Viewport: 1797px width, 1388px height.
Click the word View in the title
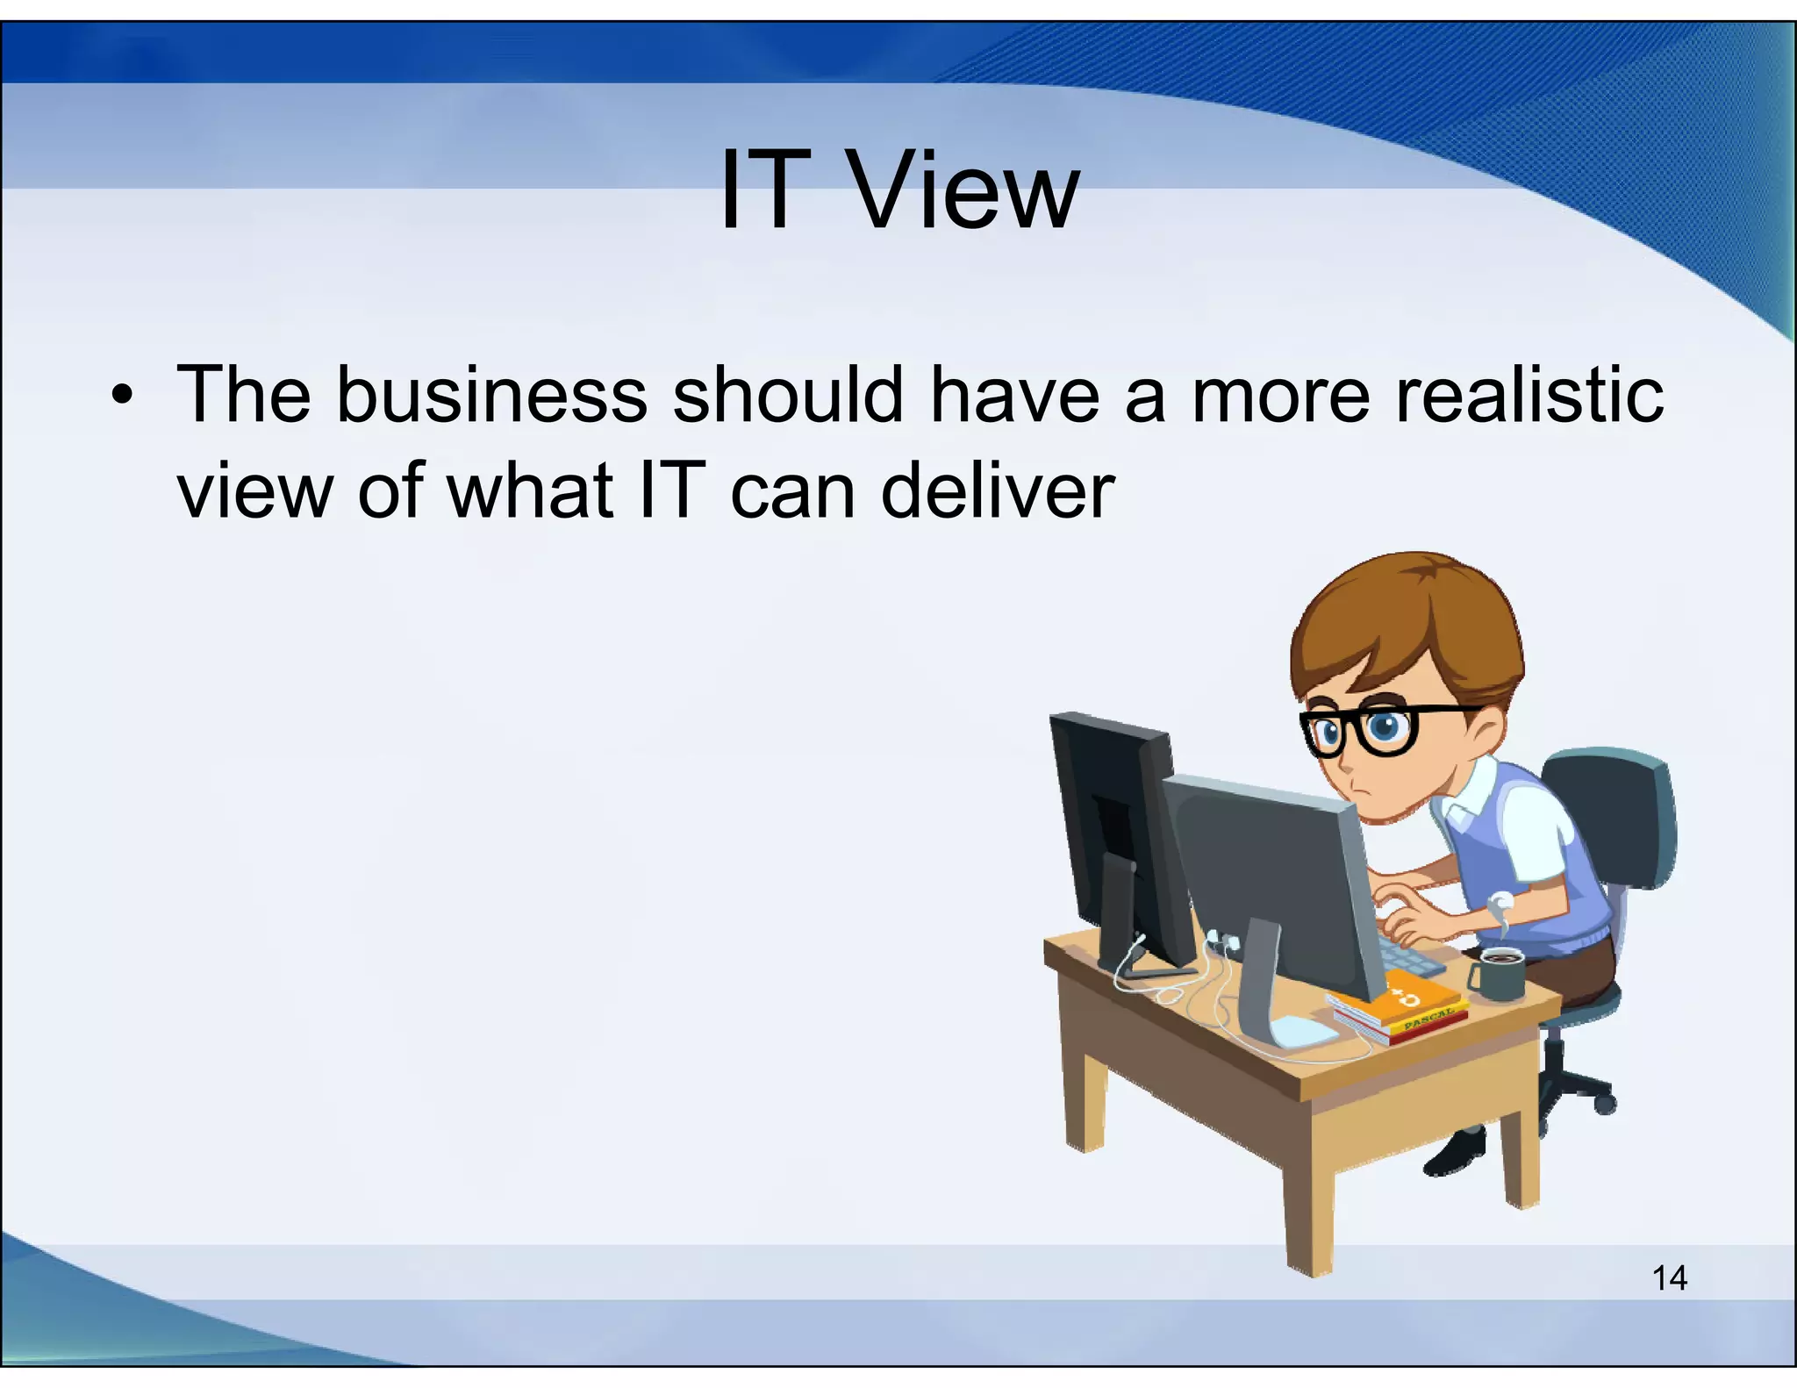pos(965,191)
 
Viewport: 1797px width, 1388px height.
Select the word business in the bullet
pos(490,395)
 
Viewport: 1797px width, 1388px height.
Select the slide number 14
pos(1669,1277)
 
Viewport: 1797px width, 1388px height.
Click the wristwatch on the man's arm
pos(1502,901)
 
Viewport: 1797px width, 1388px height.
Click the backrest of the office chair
pos(1614,816)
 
